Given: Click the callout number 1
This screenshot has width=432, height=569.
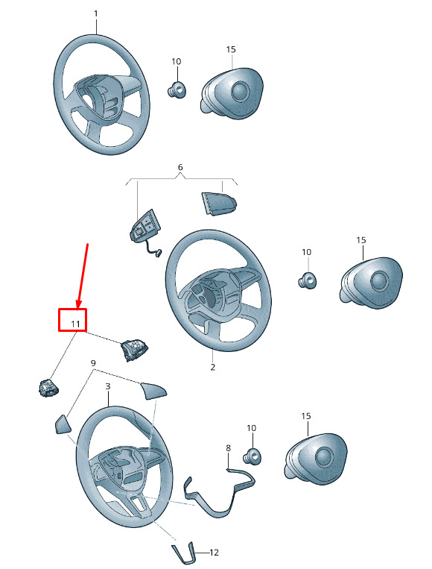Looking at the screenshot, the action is (96, 13).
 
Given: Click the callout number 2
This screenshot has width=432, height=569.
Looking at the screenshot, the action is (213, 367).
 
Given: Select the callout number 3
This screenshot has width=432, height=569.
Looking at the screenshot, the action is (108, 386).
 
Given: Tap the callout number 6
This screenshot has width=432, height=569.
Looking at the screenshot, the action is (180, 167).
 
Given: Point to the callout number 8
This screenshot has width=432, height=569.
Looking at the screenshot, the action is (228, 448).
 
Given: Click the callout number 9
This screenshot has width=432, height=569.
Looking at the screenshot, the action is (93, 363).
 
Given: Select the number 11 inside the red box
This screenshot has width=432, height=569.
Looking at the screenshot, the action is (75, 324).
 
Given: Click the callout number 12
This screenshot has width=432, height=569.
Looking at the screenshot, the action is (215, 553).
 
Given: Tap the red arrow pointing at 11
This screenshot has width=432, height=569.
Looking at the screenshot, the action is (83, 276).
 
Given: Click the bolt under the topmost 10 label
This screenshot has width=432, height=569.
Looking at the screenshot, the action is (177, 89).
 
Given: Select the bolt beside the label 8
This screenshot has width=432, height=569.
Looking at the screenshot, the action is (252, 456).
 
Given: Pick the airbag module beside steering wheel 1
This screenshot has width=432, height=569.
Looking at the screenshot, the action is (232, 93).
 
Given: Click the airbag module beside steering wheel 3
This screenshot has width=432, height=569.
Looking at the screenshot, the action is (315, 456).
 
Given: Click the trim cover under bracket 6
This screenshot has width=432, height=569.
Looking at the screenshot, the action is (219, 203).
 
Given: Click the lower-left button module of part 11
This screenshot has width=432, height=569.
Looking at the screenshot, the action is (48, 388).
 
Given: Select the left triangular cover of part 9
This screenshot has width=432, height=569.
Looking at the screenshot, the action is (63, 424).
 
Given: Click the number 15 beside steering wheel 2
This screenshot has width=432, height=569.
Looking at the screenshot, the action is (361, 240).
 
